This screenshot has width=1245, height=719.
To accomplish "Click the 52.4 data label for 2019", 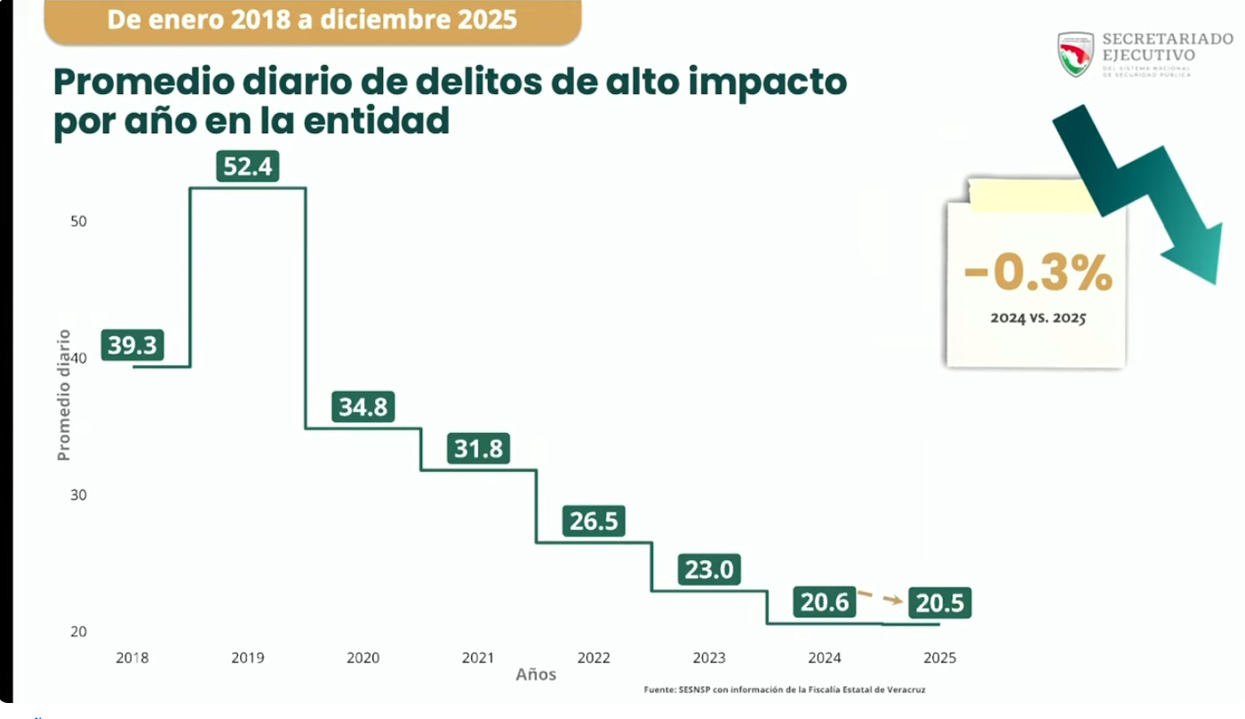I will tap(247, 166).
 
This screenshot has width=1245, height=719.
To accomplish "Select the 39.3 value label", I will tap(132, 344).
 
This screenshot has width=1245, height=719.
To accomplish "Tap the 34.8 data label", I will tap(363, 407).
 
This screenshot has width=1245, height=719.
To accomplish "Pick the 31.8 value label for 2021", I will tap(478, 449).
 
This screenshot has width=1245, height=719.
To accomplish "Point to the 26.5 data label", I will tap(594, 521).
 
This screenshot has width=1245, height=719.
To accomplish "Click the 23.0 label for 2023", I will tap(709, 569).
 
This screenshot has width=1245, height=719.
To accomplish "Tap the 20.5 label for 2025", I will tap(939, 603).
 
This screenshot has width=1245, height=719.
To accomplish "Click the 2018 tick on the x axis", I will tap(132, 659).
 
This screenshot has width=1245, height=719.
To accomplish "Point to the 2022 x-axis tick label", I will tap(594, 659).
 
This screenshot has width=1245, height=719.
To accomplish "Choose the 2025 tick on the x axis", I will tap(939, 659).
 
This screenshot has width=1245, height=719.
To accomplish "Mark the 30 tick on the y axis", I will tap(78, 495).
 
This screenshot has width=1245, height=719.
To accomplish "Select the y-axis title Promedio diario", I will tap(63, 395).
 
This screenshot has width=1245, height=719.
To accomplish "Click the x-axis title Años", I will tap(536, 675).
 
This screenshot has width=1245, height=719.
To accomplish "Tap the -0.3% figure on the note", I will tap(1038, 274).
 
